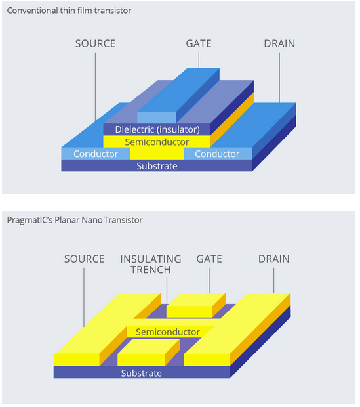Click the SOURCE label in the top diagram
pyautogui.click(x=96, y=43)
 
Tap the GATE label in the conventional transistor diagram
pyautogui.click(x=199, y=43)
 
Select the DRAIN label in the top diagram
pyautogui.click(x=279, y=43)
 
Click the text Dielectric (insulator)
pyautogui.click(x=157, y=129)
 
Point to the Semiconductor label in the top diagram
pyautogui.click(x=157, y=142)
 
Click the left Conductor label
pyautogui.click(x=96, y=154)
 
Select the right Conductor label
pyautogui.click(x=217, y=154)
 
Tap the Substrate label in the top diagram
pyautogui.click(x=157, y=166)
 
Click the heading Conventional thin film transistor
pyautogui.click(x=69, y=11)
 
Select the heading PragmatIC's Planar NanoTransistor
pyautogui.click(x=75, y=220)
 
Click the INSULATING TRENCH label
pyautogui.click(x=151, y=265)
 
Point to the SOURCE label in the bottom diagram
pyautogui.click(x=85, y=259)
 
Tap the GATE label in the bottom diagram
pyautogui.click(x=209, y=259)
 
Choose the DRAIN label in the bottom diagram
pyautogui.click(x=274, y=259)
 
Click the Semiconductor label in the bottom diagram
pyautogui.click(x=168, y=332)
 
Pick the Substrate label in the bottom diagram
pyautogui.click(x=142, y=374)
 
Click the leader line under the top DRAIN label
pyautogui.click(x=279, y=77)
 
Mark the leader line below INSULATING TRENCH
pyautogui.click(x=167, y=291)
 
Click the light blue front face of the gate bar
pyautogui.click(x=157, y=118)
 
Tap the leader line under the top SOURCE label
pyautogui.click(x=95, y=87)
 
